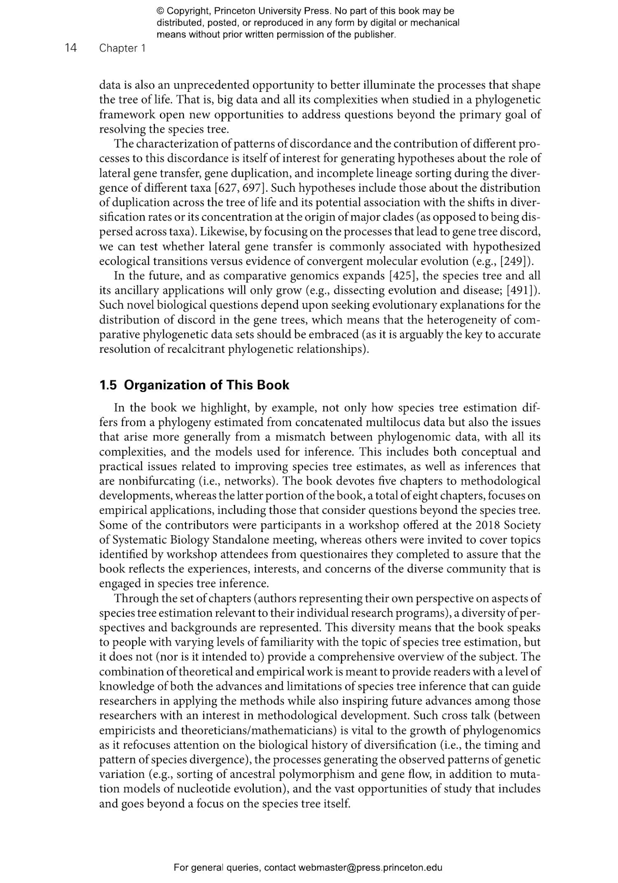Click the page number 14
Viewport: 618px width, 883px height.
pos(70,48)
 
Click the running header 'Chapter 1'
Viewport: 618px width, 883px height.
pos(122,48)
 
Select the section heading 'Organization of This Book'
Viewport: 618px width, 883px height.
pos(206,385)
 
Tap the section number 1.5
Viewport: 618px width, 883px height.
pos(108,385)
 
